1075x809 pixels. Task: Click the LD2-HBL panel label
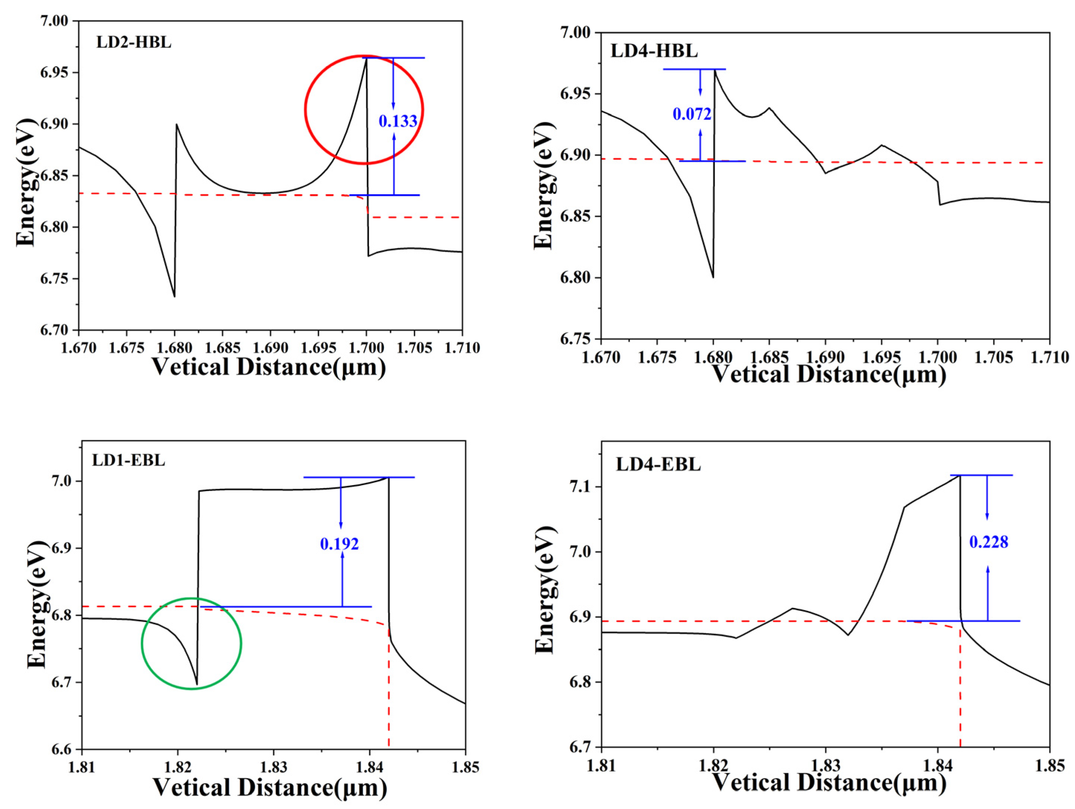[x=134, y=42]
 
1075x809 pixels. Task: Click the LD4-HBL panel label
[x=654, y=51]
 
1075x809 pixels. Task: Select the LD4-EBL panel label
[x=658, y=465]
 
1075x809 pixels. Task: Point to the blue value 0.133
[x=398, y=121]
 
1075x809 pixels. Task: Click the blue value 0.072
[x=691, y=114]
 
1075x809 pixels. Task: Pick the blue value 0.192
[x=339, y=544]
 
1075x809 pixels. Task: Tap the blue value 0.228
[x=989, y=542]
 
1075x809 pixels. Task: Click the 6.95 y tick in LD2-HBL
[x=54, y=73]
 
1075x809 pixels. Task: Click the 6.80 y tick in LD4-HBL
[x=576, y=278]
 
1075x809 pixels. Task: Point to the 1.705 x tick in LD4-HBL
[x=993, y=358]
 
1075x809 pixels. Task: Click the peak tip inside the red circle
[x=366, y=58]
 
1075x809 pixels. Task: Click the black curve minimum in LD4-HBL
[x=713, y=277]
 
